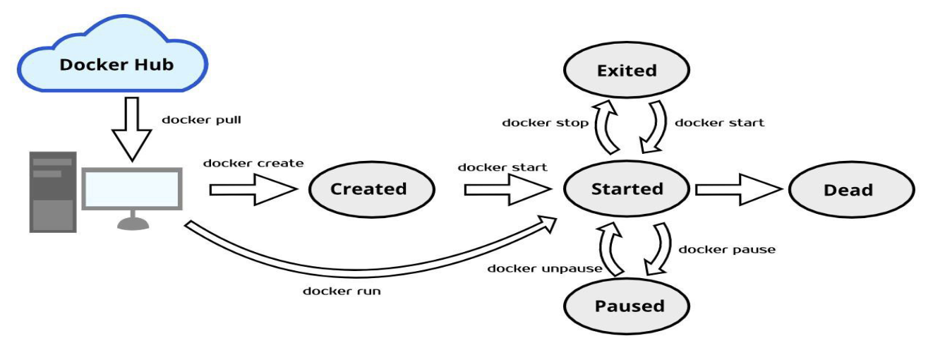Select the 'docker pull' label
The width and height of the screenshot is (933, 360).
point(201,119)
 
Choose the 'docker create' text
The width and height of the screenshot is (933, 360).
point(253,163)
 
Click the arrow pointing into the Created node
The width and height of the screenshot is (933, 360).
point(253,190)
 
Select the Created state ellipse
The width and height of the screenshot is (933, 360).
point(368,189)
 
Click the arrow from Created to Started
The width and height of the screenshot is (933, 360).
point(507,190)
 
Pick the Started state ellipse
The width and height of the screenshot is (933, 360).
point(627,189)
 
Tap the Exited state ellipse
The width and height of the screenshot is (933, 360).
point(627,71)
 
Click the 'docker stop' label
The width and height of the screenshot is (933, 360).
point(545,123)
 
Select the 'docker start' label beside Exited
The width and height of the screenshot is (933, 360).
point(719,123)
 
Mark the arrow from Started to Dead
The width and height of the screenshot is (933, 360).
point(738,190)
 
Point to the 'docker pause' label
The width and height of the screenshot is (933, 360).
point(726,249)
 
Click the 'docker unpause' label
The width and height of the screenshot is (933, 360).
point(544,268)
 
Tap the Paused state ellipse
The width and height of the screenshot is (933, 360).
point(627,306)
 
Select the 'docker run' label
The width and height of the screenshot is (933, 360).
point(342,291)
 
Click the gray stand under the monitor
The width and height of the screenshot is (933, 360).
point(131,222)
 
